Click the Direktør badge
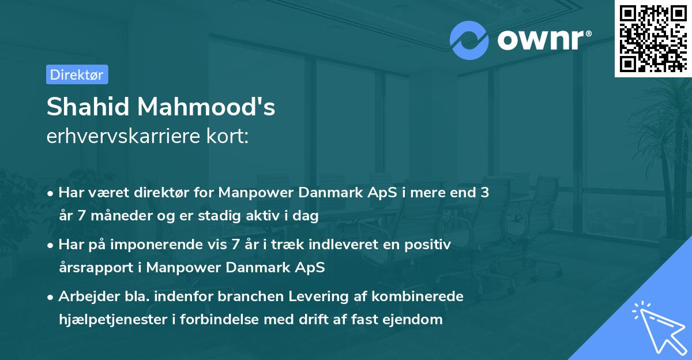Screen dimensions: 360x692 pyautogui.click(x=77, y=74)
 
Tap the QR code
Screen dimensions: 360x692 pyautogui.click(x=653, y=37)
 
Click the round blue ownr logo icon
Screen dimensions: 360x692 pyautogui.click(x=469, y=40)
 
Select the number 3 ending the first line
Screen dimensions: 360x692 pyautogui.click(x=485, y=193)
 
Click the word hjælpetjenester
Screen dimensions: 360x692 pyautogui.click(x=115, y=320)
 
